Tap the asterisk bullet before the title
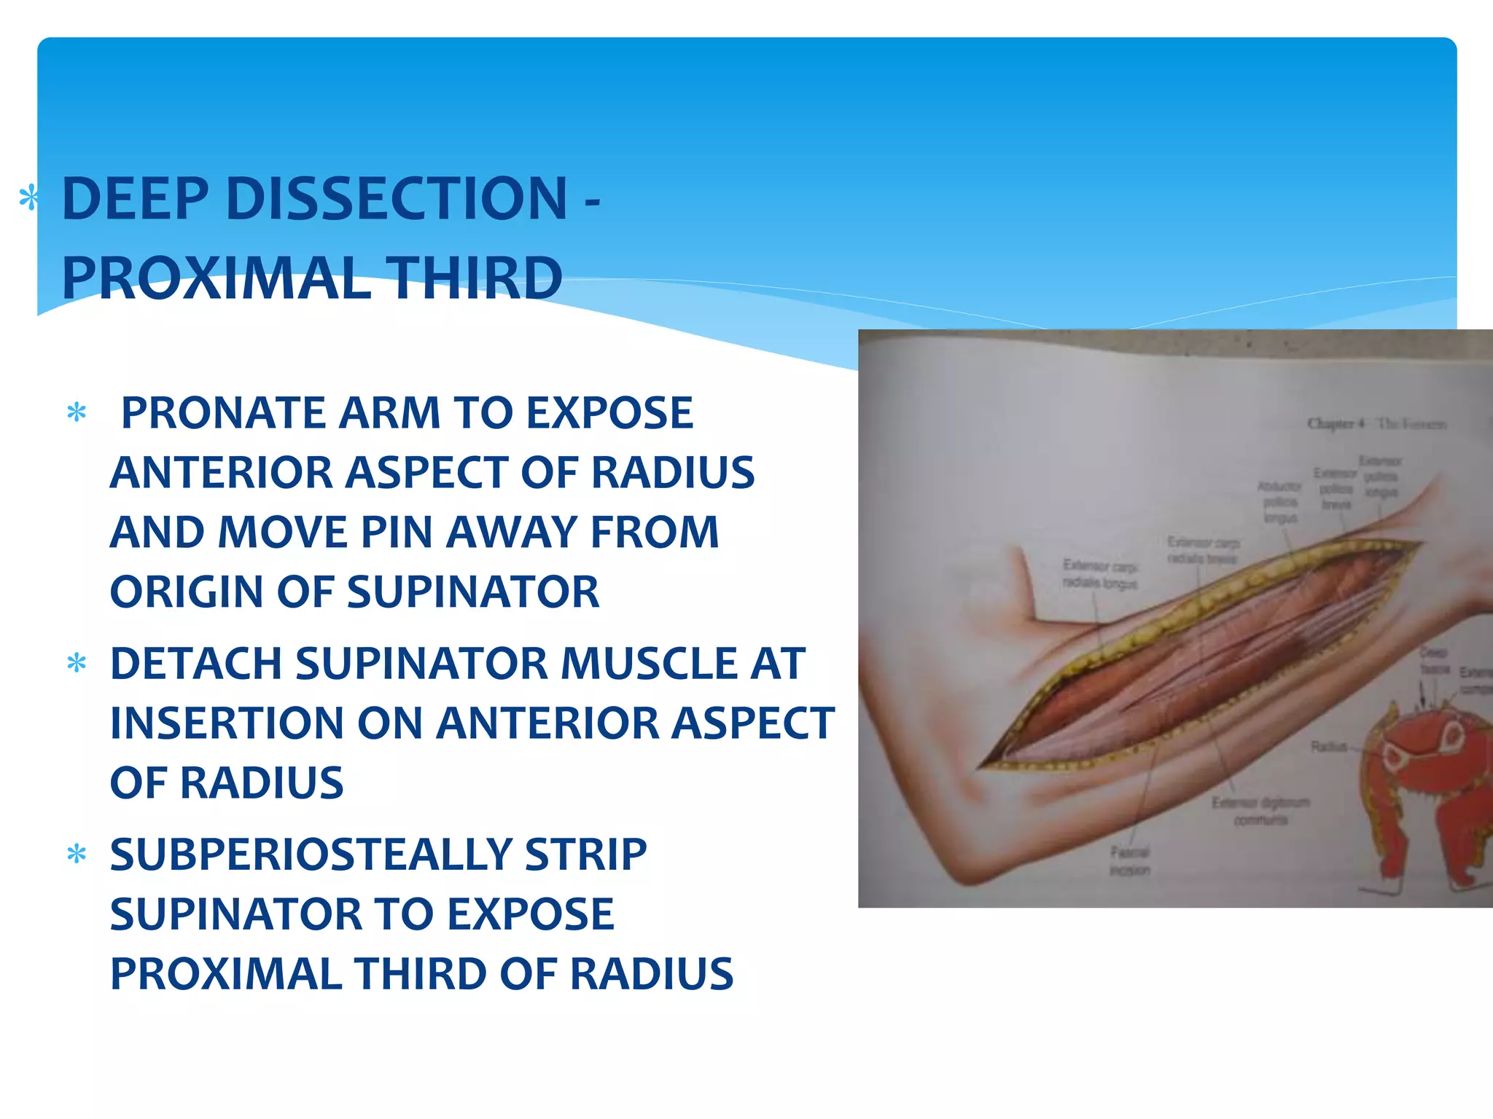tap(29, 198)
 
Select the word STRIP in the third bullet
tap(585, 855)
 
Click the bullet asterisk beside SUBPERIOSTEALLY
tap(77, 854)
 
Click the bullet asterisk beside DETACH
tap(77, 663)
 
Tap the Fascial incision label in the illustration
tap(1129, 861)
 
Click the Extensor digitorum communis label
tap(1260, 811)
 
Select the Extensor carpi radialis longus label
tap(1099, 574)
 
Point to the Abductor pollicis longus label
tap(1280, 502)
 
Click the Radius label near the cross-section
tap(1328, 746)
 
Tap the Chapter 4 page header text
tap(1376, 423)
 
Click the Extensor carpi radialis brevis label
tap(1203, 550)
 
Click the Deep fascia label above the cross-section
tap(1433, 659)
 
